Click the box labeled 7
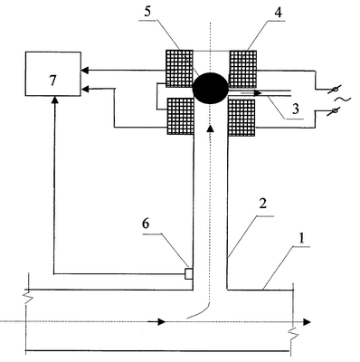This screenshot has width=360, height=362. (53, 74)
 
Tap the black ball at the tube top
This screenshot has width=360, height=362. (210, 88)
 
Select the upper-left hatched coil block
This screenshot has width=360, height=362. (179, 69)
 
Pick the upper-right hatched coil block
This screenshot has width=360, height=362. (243, 69)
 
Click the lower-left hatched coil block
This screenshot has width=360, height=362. (180, 117)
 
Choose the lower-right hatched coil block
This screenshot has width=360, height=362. (242, 118)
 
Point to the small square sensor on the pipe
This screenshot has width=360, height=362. (188, 273)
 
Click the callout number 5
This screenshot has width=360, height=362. (147, 12)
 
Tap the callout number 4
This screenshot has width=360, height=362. (279, 13)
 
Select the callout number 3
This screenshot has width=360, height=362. (296, 109)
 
